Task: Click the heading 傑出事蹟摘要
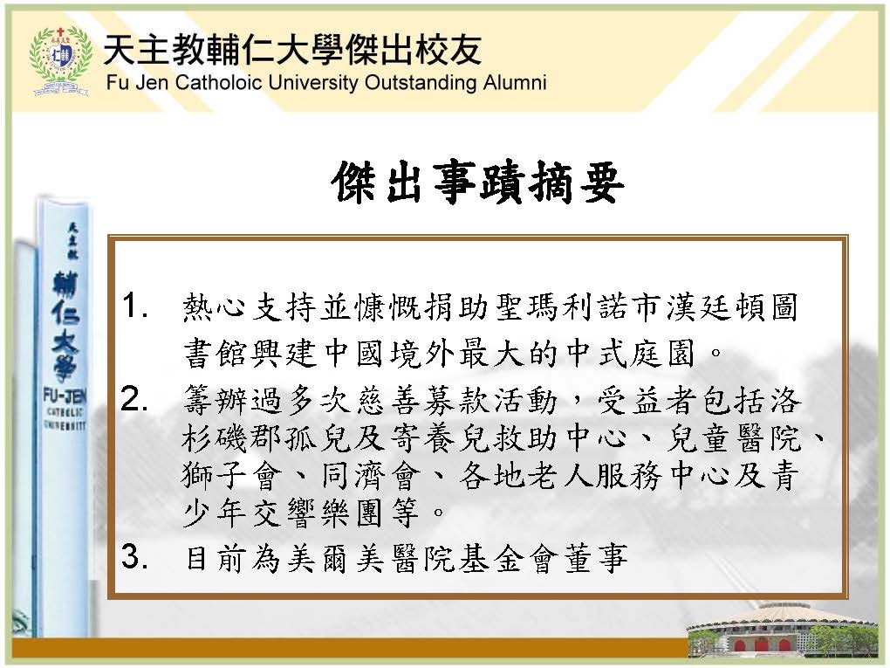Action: point(478,182)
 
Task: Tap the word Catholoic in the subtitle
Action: point(219,82)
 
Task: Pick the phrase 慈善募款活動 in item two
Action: point(457,399)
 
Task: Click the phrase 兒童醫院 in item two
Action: point(735,437)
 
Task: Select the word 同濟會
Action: point(371,475)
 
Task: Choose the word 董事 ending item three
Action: point(596,557)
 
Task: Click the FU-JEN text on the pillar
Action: point(65,396)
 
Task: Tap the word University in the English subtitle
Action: point(312,82)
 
